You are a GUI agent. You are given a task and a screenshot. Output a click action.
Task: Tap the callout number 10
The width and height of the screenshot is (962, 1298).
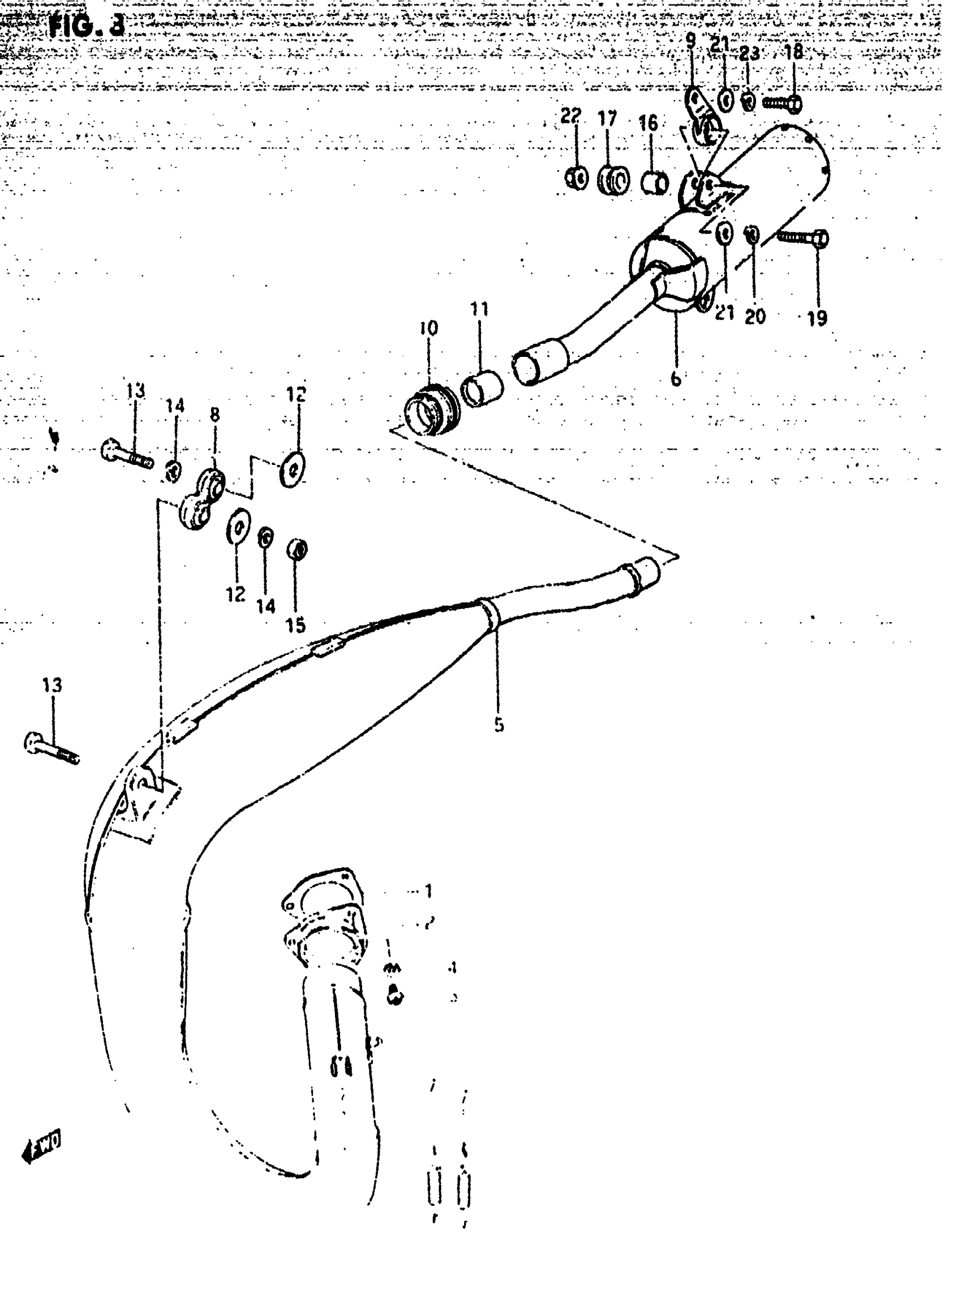coord(428,328)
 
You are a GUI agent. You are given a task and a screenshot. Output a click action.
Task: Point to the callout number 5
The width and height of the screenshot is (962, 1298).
coord(499,725)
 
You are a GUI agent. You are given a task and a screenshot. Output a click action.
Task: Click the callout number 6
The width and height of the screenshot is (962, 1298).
coord(676,378)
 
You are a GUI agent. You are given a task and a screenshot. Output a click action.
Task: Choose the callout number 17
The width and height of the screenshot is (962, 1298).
coord(607,119)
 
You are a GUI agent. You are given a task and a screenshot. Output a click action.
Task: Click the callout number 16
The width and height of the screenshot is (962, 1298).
coord(648,123)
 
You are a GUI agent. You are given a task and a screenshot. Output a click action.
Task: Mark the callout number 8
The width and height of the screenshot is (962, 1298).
coord(214,415)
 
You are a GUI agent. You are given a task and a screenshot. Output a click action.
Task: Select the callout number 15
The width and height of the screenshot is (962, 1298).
coord(295,625)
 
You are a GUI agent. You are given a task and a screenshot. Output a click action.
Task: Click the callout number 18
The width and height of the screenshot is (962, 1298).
coord(794,52)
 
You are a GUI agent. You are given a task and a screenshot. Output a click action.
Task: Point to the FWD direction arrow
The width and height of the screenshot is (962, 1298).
coord(42,1148)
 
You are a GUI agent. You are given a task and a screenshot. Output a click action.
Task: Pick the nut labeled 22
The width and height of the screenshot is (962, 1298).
coord(577,178)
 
